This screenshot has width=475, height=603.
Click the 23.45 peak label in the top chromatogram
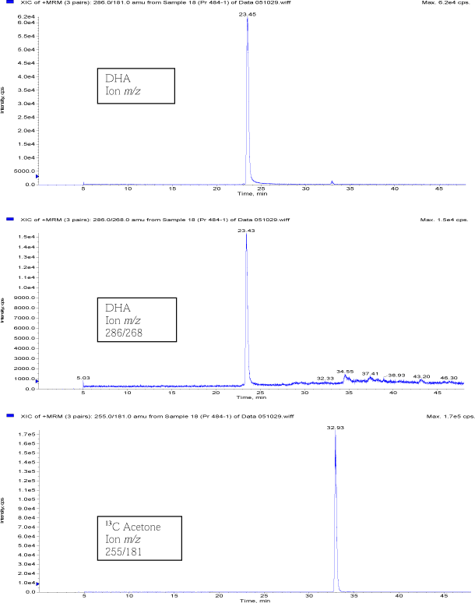pyautogui.click(x=247, y=12)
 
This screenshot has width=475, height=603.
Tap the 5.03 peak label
pyautogui.click(x=83, y=378)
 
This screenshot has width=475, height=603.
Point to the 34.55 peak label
pyautogui.click(x=345, y=372)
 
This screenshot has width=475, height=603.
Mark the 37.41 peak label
pyautogui.click(x=370, y=374)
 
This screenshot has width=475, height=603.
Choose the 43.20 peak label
pyautogui.click(x=421, y=377)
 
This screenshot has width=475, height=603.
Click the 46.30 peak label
pyautogui.click(x=449, y=378)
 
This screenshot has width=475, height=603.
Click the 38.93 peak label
pyautogui.click(x=396, y=376)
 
